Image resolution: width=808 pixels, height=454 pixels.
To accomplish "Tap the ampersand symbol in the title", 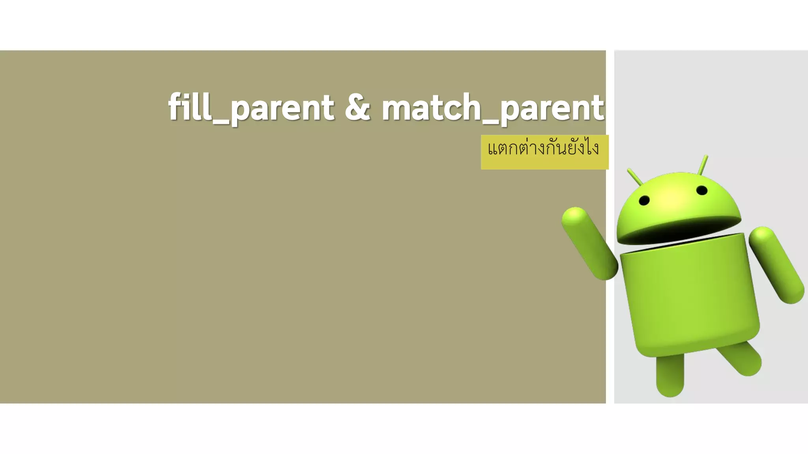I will pyautogui.click(x=357, y=107).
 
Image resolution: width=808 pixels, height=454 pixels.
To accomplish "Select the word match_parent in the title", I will pyautogui.click(x=492, y=108).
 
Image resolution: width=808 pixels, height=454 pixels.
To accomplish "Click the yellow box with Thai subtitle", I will pyautogui.click(x=544, y=152).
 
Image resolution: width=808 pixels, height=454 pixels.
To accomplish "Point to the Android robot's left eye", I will pyautogui.click(x=644, y=200).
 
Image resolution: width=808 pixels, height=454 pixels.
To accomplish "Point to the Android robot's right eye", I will pyautogui.click(x=702, y=190).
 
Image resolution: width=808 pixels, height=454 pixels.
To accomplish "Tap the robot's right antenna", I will pyautogui.click(x=703, y=165).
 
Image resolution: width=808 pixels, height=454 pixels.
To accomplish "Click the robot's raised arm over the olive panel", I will pyautogui.click(x=589, y=242).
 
